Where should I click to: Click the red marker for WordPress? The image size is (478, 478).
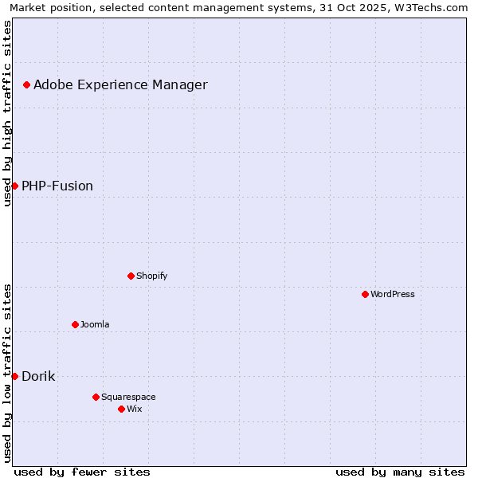(x=365, y=294)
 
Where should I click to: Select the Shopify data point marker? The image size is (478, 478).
(x=131, y=276)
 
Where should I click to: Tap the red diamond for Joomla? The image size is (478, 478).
(x=75, y=324)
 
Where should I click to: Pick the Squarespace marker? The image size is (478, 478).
(x=96, y=397)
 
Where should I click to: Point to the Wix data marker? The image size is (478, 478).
(x=121, y=409)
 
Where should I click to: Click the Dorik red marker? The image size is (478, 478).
(x=14, y=376)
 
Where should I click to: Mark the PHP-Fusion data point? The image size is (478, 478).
(x=14, y=186)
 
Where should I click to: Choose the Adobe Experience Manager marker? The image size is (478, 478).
(x=26, y=84)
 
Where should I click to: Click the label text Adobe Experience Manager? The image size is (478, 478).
(x=120, y=85)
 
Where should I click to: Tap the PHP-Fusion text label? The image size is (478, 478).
(x=57, y=186)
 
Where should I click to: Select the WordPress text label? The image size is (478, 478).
(x=393, y=294)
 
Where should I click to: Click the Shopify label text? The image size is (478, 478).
(x=151, y=276)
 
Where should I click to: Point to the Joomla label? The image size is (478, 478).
(x=95, y=324)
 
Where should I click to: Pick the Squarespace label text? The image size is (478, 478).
(x=128, y=397)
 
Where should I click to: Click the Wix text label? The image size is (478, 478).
(x=134, y=409)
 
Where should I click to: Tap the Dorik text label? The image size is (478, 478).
(x=38, y=377)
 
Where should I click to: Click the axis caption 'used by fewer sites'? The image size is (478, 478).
(x=82, y=472)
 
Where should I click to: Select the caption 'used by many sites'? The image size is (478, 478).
(x=400, y=472)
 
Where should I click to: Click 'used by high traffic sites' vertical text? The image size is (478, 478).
(x=7, y=113)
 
